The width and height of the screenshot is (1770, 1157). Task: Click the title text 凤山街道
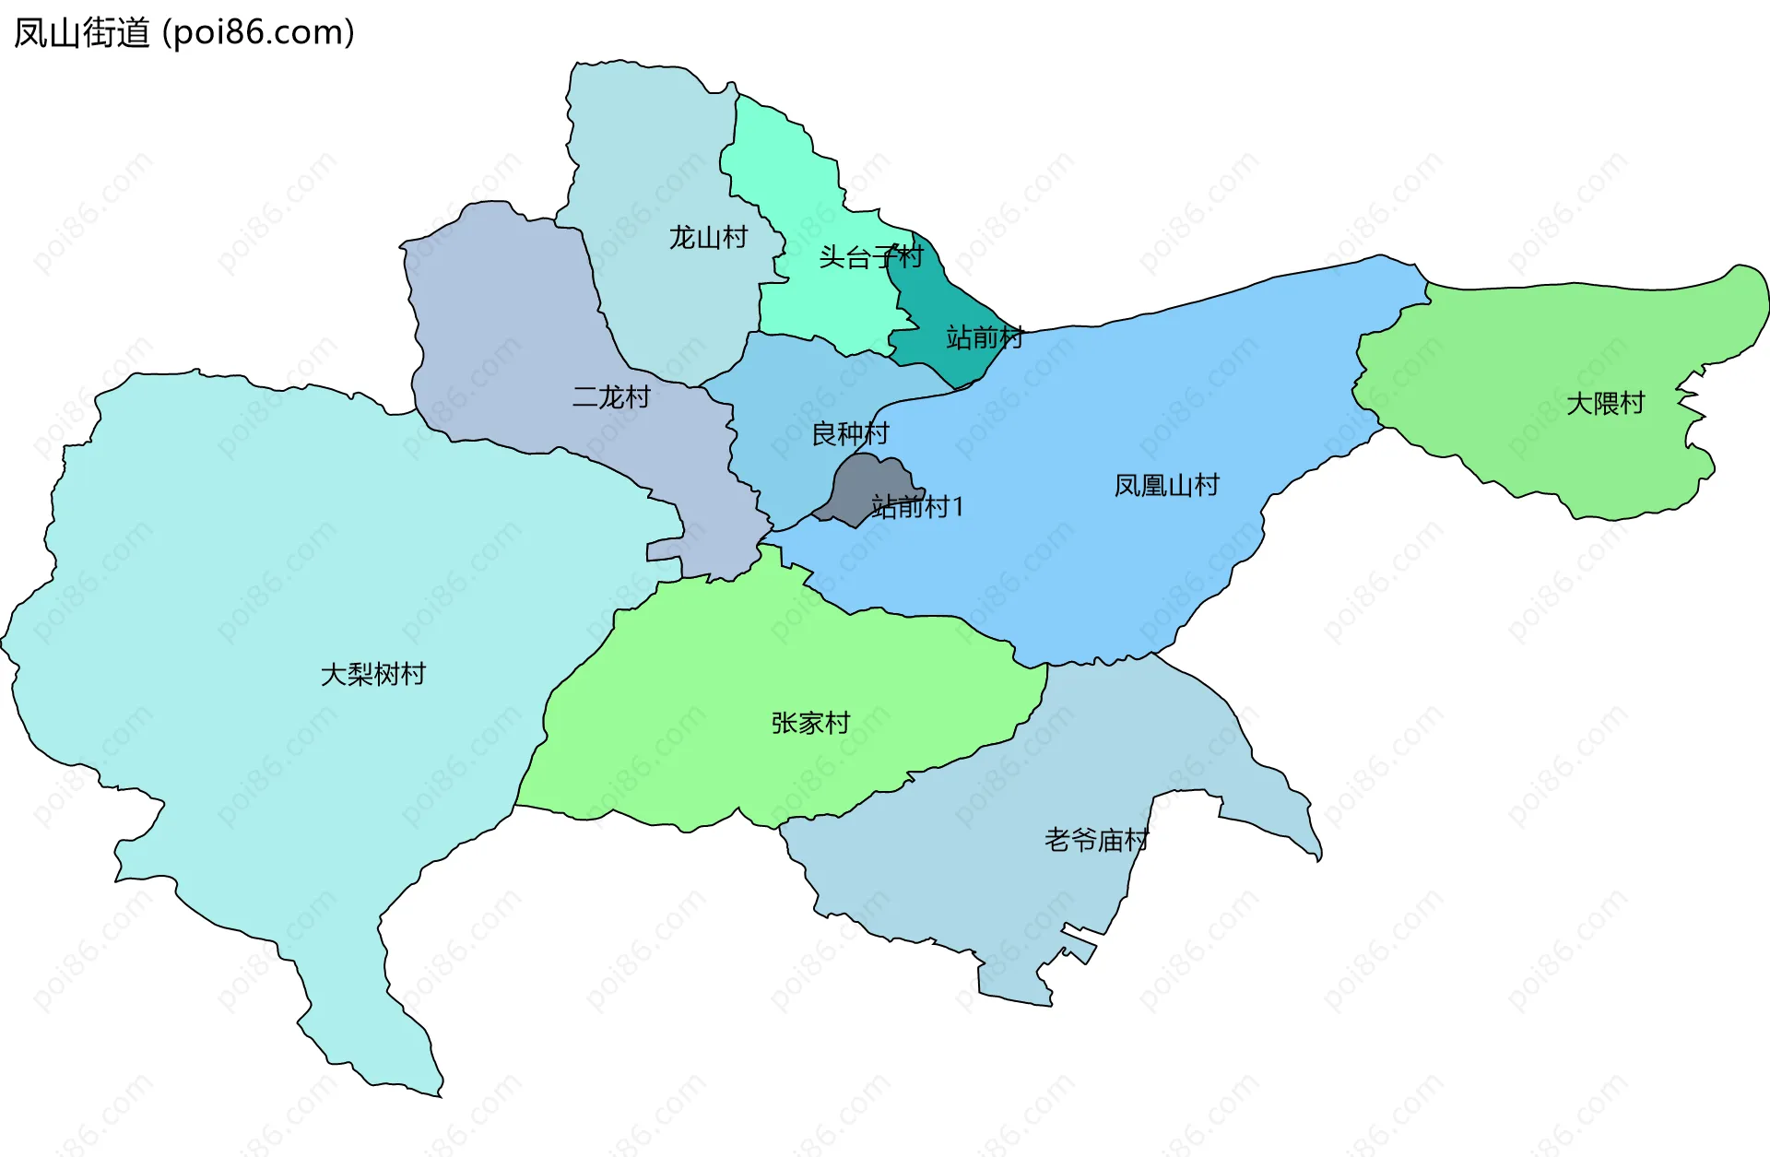(x=82, y=33)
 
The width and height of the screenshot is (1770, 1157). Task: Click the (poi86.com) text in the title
(x=258, y=33)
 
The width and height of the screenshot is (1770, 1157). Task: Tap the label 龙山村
(x=707, y=238)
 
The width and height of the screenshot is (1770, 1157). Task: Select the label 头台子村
(x=870, y=257)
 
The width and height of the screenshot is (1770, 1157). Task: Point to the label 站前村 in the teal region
(x=985, y=337)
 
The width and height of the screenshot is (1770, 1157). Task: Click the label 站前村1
(x=917, y=507)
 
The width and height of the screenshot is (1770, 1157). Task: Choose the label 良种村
(x=850, y=433)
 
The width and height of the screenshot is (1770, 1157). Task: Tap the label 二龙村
(x=611, y=397)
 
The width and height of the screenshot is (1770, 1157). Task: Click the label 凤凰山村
(x=1166, y=485)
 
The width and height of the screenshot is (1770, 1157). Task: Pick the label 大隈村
(x=1605, y=404)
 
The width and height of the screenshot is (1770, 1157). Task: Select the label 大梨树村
(x=372, y=675)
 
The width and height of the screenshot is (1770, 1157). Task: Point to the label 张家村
(x=810, y=723)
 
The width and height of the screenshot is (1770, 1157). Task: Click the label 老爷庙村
(x=1096, y=840)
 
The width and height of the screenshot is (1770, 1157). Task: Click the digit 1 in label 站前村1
(x=958, y=507)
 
